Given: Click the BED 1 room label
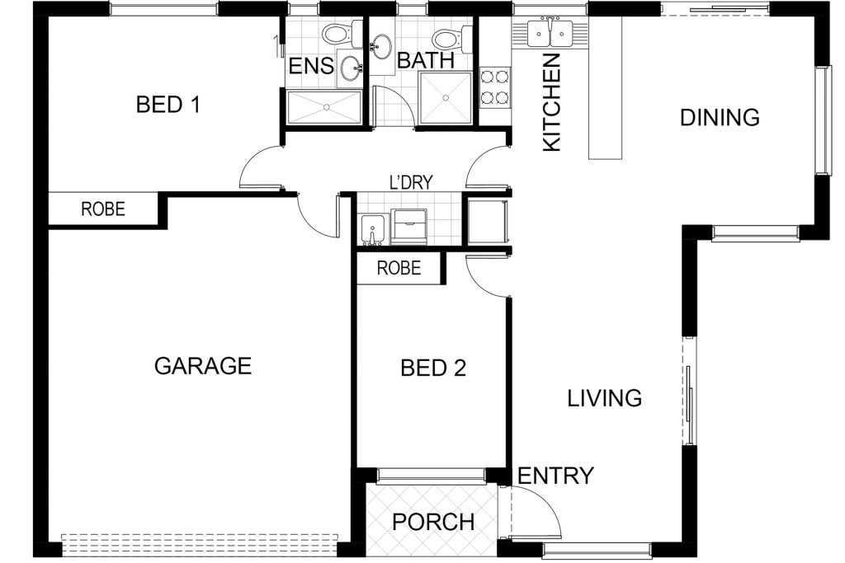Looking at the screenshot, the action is click(x=168, y=104).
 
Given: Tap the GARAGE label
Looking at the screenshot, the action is click(x=203, y=366).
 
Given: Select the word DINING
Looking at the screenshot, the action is click(x=720, y=117).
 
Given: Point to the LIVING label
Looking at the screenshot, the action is click(x=605, y=398).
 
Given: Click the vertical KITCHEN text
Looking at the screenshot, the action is click(x=552, y=102).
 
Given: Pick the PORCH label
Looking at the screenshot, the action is click(x=433, y=522).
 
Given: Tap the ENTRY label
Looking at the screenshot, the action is click(x=555, y=476).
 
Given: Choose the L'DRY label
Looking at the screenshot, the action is click(x=411, y=182).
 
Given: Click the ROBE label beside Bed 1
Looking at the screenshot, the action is click(x=103, y=209).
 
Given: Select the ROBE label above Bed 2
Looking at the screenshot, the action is click(x=399, y=268).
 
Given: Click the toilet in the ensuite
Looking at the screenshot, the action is click(x=342, y=34).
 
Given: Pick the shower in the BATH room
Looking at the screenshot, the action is click(x=446, y=97).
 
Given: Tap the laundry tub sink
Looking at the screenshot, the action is click(x=372, y=229).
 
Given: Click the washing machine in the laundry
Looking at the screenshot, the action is click(x=409, y=226).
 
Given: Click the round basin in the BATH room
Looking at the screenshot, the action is click(x=382, y=46).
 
